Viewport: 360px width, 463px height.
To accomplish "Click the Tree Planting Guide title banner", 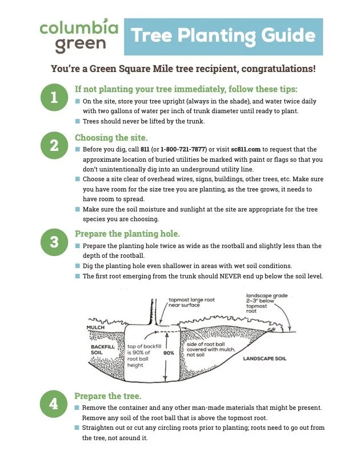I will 223,37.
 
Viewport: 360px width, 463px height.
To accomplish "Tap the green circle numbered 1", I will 54,98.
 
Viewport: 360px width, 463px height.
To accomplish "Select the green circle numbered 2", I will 54,146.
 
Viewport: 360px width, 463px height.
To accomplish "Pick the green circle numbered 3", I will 54,242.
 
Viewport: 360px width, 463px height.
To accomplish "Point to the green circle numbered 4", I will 54,404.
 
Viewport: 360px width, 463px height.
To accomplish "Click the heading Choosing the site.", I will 111,138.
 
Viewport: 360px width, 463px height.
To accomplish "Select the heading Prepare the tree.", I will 108,396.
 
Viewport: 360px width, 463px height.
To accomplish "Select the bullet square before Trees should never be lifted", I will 78,121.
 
